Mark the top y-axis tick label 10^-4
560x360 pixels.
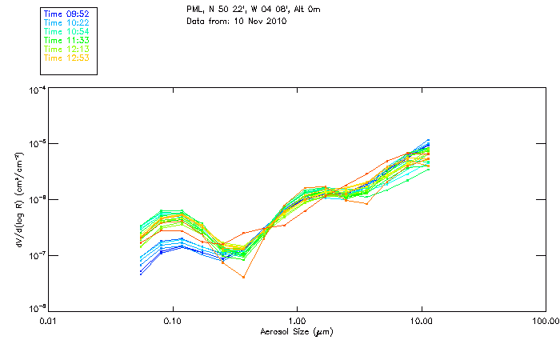(x=37, y=90)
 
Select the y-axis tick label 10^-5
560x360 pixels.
(x=37, y=145)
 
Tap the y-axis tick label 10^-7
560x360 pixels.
(x=37, y=255)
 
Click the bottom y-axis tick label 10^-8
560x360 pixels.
(x=37, y=309)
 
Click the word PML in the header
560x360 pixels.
(x=194, y=9)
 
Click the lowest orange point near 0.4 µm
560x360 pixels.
(x=243, y=277)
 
